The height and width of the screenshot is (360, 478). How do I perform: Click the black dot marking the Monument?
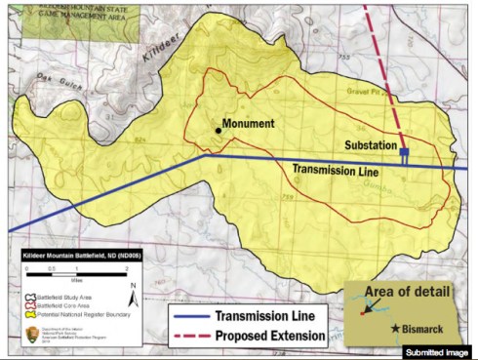coord(218,130)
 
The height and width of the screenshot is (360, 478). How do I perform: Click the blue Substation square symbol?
coord(404,153)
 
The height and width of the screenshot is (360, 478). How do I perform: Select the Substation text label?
coord(375,144)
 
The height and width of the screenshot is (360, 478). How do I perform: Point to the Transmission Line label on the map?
coord(336,170)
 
